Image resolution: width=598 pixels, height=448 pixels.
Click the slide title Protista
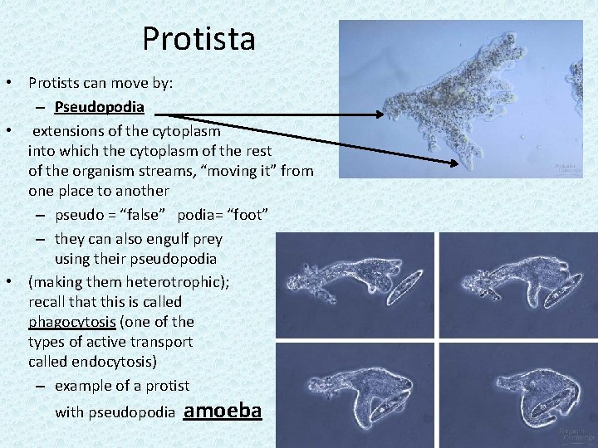(199, 38)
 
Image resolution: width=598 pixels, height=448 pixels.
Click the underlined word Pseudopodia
(100, 107)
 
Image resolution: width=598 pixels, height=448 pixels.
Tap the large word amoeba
(222, 410)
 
